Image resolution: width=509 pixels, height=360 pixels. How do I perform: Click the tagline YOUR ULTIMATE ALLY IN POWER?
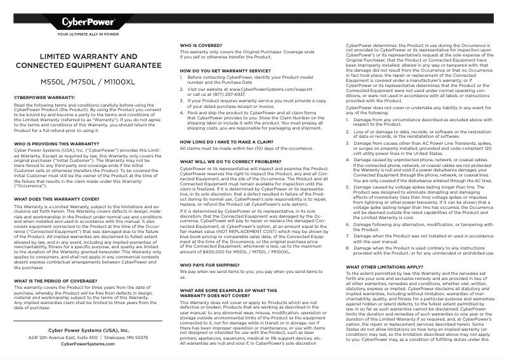pyautogui.click(x=88, y=34)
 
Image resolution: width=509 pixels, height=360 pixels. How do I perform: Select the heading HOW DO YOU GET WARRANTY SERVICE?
pyautogui.click(x=226, y=70)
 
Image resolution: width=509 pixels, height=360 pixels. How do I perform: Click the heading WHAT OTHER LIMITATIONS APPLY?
pyautogui.click(x=383, y=249)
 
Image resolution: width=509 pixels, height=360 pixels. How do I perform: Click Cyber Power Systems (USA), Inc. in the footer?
pyautogui.click(x=88, y=330)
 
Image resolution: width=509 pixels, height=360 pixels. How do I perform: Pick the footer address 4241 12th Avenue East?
pyautogui.click(x=58, y=337)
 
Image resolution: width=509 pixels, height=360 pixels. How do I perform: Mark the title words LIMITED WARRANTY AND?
pyautogui.click(x=88, y=57)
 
